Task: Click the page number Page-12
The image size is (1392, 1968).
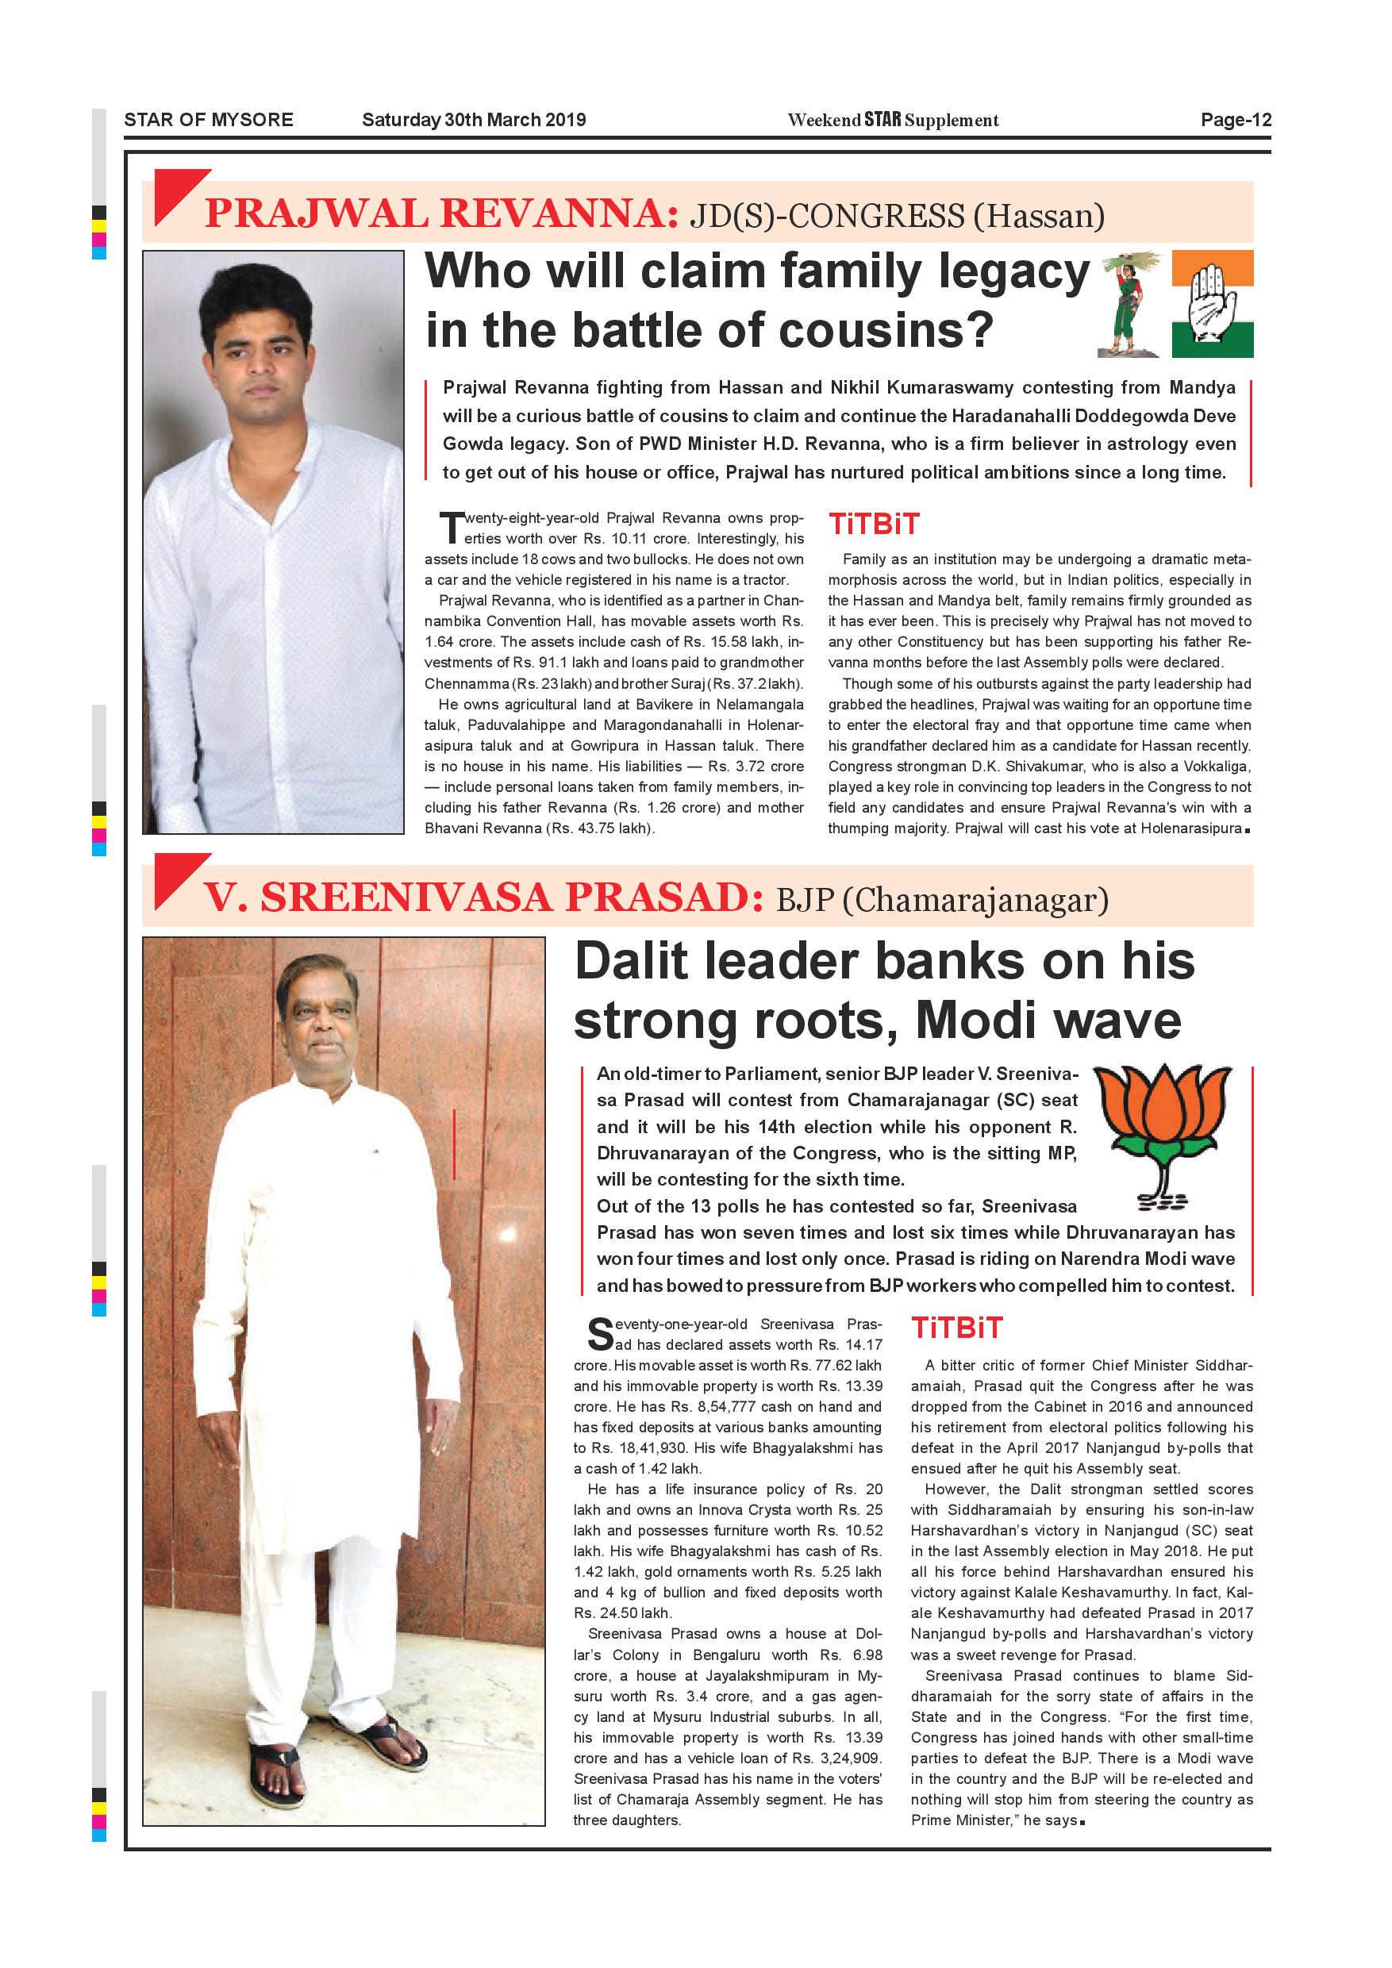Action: [1235, 120]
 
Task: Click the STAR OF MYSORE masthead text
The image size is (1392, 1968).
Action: [208, 120]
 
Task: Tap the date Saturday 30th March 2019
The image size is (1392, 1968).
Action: [473, 120]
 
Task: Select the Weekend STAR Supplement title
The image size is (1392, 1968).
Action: [892, 120]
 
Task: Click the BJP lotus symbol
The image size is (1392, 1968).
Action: [1163, 1136]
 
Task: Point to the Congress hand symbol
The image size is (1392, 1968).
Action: [1212, 303]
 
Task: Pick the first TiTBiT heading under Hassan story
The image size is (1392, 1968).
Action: [874, 524]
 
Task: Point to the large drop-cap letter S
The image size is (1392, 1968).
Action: [600, 1334]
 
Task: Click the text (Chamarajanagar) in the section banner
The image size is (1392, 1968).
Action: [975, 900]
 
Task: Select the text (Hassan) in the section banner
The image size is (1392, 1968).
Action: [1039, 215]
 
